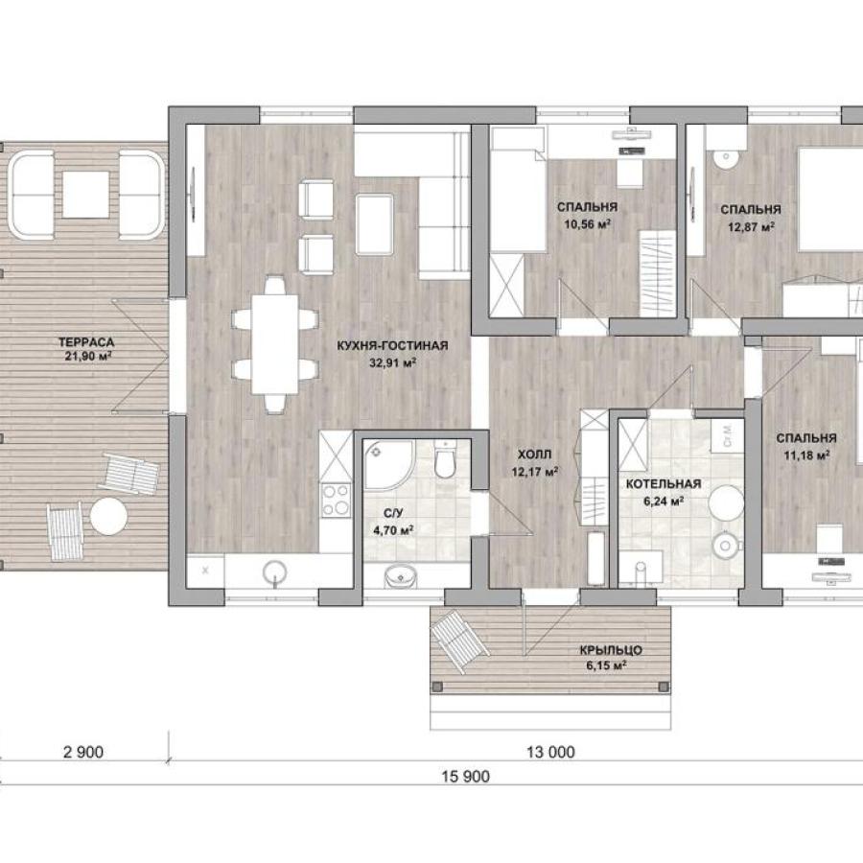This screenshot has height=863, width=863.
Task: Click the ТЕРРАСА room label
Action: pyautogui.click(x=86, y=342)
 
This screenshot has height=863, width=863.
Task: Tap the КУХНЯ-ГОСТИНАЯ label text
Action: pyautogui.click(x=392, y=345)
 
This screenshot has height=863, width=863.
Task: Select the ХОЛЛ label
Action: pyautogui.click(x=534, y=455)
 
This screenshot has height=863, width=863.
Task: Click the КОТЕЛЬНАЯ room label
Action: pyautogui.click(x=664, y=484)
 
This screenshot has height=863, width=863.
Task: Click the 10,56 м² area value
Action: pyautogui.click(x=587, y=223)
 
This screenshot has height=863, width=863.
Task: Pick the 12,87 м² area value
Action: pyautogui.click(x=751, y=226)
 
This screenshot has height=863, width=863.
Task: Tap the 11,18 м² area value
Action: pyautogui.click(x=806, y=455)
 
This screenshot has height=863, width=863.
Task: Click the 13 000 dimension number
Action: pyautogui.click(x=550, y=752)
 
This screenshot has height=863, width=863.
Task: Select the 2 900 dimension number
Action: pyautogui.click(x=83, y=752)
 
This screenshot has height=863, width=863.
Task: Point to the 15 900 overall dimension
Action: pyautogui.click(x=465, y=776)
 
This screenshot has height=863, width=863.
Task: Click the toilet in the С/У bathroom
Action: pyautogui.click(x=445, y=458)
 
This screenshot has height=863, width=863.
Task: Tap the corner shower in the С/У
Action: pyautogui.click(x=388, y=465)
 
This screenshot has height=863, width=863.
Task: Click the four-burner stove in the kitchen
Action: pyautogui.click(x=336, y=501)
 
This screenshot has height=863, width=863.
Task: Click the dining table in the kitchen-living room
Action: pyautogui.click(x=274, y=344)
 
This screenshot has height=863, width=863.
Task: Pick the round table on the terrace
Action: pyautogui.click(x=108, y=516)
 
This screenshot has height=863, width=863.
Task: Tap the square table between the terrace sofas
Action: pyautogui.click(x=85, y=195)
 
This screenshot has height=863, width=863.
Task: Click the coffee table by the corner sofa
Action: pyautogui.click(x=374, y=224)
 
